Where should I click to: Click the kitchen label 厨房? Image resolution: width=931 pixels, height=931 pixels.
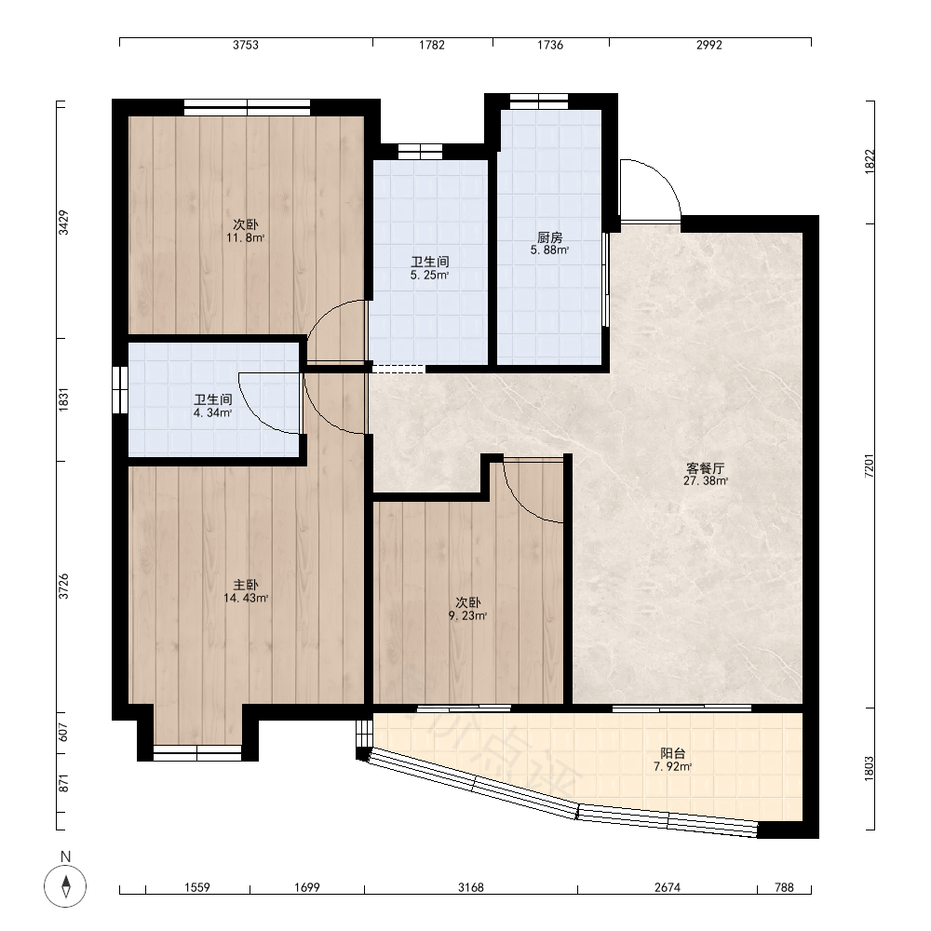coord(550,237)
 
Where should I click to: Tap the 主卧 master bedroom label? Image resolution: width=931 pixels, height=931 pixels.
coord(246,586)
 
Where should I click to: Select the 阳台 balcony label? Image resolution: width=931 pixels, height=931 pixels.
coord(673,753)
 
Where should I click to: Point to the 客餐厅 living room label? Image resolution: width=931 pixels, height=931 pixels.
coord(706,468)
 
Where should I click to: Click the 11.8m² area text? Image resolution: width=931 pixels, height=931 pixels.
coord(245,238)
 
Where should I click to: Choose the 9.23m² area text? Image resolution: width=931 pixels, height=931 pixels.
coord(468,615)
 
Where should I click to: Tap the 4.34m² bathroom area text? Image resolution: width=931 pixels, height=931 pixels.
coord(212,412)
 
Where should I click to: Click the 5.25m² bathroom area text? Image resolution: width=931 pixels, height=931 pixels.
coord(429,275)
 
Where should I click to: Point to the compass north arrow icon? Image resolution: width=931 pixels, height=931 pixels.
coord(65,886)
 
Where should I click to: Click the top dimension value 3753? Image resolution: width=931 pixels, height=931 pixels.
coord(246,45)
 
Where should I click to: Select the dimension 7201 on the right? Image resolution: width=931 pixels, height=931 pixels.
coord(870,466)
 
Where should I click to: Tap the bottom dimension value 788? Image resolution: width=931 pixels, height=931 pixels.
coord(784,887)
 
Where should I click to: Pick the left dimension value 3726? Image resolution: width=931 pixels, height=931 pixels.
coord(63,586)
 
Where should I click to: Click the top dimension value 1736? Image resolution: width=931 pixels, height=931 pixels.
coord(550,45)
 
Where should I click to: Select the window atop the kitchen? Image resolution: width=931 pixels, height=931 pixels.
coord(539,101)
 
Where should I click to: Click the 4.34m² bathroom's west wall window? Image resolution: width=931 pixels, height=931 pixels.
coord(120,389)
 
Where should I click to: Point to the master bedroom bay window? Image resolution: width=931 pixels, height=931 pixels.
coord(197,752)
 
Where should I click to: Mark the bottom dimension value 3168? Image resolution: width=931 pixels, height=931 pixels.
coord(471,887)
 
